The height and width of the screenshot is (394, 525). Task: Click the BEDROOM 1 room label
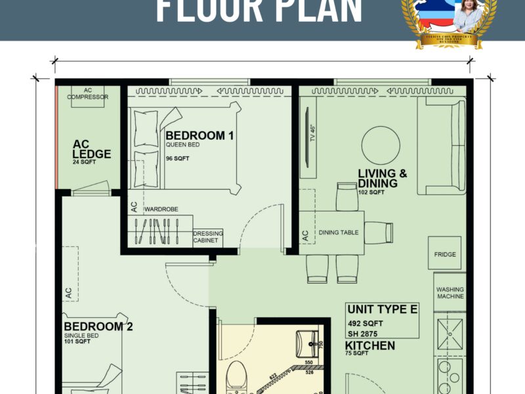[x=199, y=136]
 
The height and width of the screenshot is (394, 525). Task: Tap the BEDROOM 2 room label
[x=93, y=326]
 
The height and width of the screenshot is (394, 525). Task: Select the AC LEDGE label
[x=91, y=149]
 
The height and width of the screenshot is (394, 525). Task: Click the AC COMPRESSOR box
[x=87, y=93]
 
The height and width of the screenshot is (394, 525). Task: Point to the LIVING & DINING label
[x=382, y=178]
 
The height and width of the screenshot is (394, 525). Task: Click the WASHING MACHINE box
[x=450, y=293]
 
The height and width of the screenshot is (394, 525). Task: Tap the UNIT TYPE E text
[x=382, y=309]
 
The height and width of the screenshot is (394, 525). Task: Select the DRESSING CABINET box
[x=208, y=237]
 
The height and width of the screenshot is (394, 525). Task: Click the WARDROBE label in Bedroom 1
[x=161, y=209]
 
